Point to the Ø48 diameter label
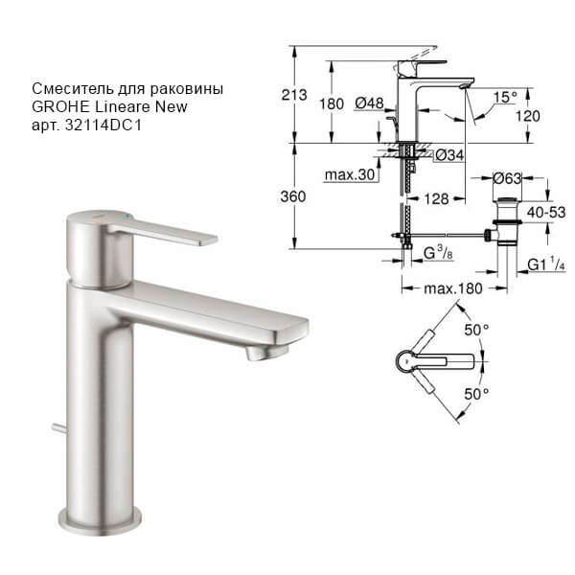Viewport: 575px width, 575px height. pos(370,103)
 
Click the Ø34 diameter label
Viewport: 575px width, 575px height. pos(448,154)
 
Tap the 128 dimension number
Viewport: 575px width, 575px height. pos(438,198)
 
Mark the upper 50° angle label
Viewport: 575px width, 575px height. pos(477,329)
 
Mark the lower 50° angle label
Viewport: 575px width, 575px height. pos(477,393)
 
